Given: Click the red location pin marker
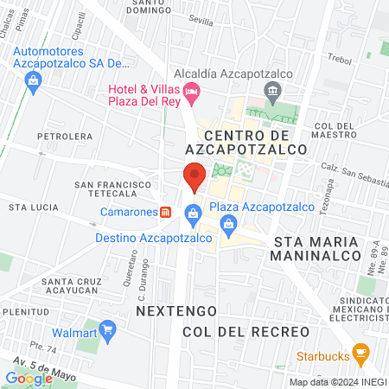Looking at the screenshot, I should [194, 175].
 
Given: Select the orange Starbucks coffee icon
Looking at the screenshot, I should [361, 354].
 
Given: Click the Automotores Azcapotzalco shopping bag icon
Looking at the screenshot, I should [34, 81].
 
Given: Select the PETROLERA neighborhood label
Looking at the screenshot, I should [64, 136].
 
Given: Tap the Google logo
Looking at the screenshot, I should [29, 378].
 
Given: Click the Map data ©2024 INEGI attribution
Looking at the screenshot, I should [336, 382].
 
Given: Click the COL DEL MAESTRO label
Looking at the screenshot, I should [336, 131].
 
